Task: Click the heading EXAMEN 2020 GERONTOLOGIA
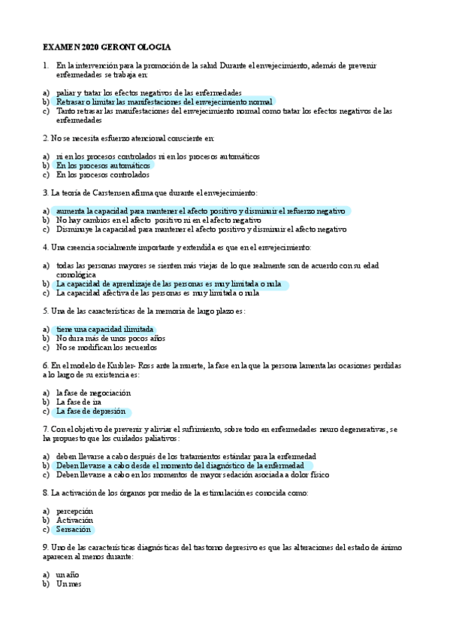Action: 107,47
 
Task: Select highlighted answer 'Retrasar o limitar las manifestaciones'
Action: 164,101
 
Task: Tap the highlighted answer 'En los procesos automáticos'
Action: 103,166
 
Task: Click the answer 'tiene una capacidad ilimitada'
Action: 104,330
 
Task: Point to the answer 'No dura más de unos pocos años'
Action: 110,339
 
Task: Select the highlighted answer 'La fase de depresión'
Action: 91,412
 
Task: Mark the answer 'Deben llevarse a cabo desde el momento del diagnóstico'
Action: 180,466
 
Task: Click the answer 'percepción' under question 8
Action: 76,512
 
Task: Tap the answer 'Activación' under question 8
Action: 74,521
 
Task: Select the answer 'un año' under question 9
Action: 68,575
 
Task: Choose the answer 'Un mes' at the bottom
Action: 68,585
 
